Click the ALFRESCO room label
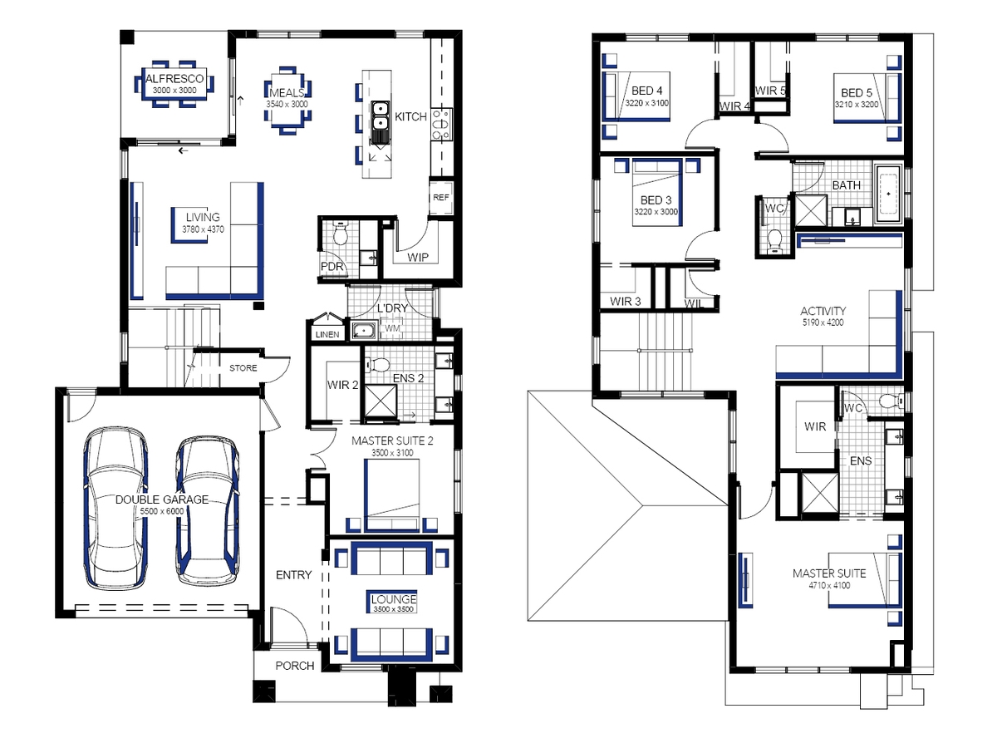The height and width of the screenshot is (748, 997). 174,79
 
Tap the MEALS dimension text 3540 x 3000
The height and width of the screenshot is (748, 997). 287,104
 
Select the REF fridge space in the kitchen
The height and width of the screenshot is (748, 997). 440,198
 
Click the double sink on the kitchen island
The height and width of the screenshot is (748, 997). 379,116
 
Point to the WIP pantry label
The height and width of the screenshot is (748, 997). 417,258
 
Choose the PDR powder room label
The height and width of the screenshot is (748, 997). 332,266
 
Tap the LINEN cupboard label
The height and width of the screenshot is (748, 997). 327,335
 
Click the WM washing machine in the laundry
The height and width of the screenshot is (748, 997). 392,328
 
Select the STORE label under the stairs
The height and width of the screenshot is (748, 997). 243,368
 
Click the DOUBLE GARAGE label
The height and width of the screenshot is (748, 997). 162,499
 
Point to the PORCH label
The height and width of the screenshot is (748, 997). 295,666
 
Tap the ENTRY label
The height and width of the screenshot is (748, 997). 293,575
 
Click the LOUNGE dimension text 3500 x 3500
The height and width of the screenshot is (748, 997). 393,609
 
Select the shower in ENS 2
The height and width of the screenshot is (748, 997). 381,400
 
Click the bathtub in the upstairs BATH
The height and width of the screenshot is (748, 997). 888,194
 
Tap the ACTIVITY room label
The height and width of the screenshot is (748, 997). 823,311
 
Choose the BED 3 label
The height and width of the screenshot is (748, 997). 656,199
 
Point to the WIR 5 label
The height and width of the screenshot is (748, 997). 770,91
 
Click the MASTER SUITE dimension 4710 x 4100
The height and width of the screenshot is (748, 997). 829,585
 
